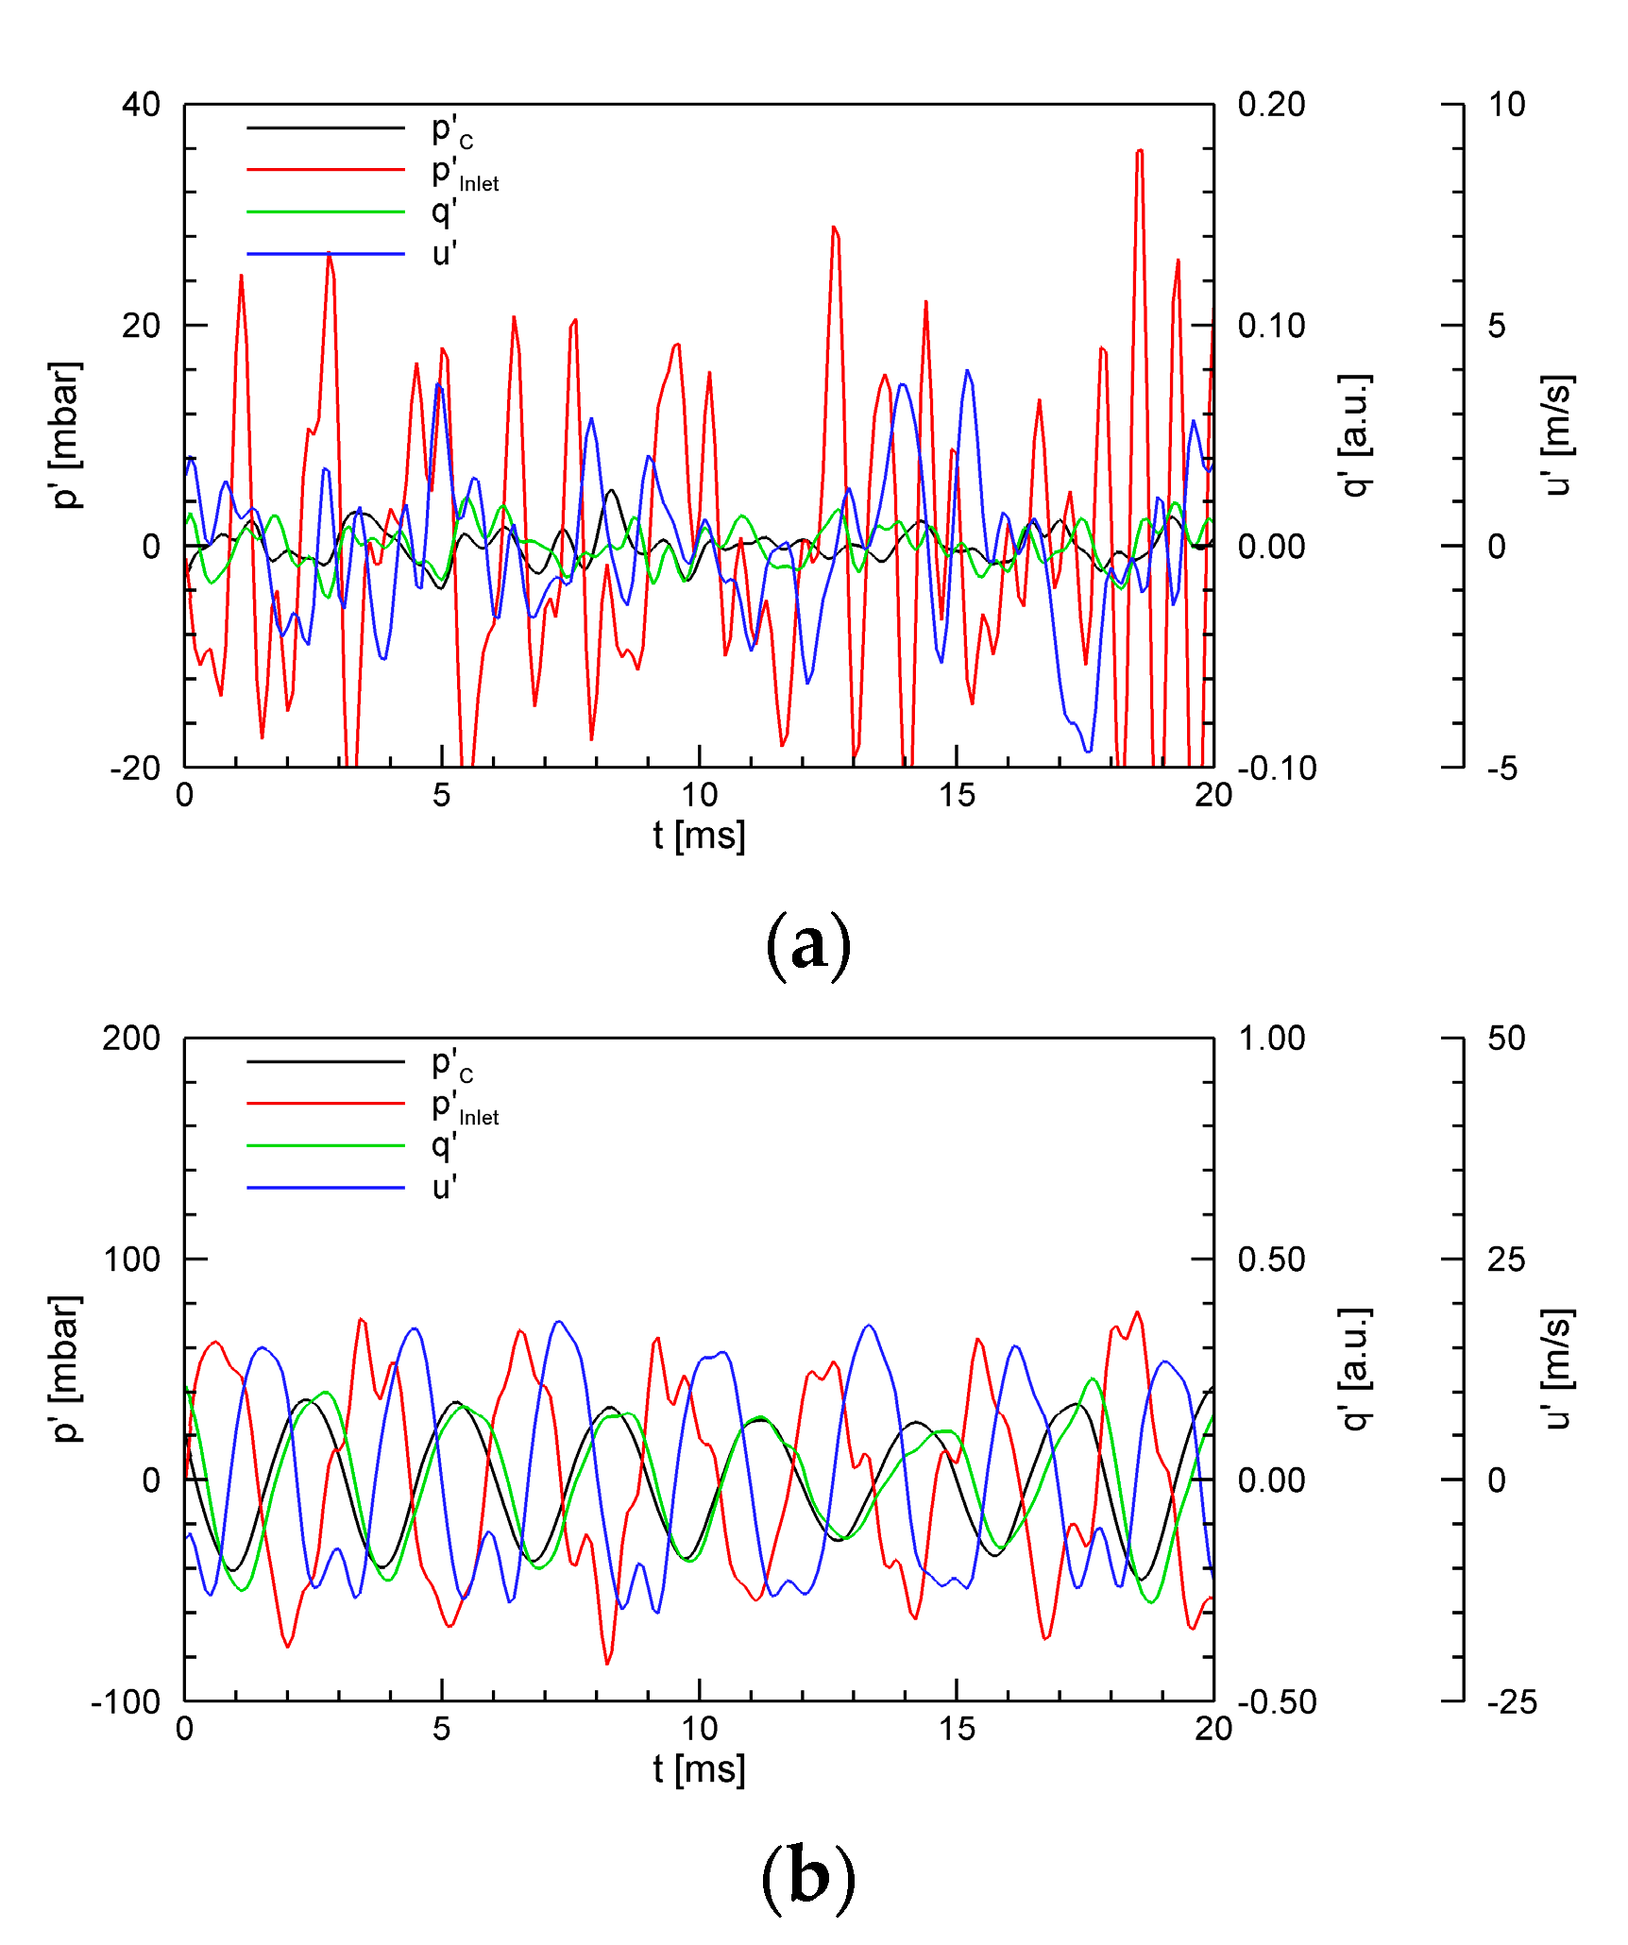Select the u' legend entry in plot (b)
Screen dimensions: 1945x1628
click(x=444, y=1187)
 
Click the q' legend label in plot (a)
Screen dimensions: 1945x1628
click(x=444, y=211)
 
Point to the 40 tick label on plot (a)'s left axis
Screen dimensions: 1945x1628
click(x=141, y=105)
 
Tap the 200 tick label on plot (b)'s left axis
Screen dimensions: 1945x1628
click(x=131, y=1039)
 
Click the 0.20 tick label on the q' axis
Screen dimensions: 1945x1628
click(x=1271, y=105)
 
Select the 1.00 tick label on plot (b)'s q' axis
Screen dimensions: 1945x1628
click(x=1271, y=1039)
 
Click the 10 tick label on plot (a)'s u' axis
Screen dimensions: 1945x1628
click(x=1506, y=105)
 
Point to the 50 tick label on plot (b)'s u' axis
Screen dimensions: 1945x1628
click(x=1506, y=1039)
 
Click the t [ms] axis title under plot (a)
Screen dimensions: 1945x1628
click(x=699, y=836)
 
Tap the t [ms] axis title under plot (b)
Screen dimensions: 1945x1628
click(x=699, y=1769)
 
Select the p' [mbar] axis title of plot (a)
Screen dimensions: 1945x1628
click(x=66, y=435)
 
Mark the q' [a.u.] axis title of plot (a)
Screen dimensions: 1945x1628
click(x=1356, y=435)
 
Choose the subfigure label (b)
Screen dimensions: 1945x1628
click(x=808, y=1877)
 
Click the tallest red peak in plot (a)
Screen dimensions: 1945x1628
click(x=1140, y=151)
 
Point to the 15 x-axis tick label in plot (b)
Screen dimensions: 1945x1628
click(x=957, y=1729)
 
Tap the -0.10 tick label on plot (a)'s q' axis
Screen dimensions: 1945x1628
click(x=1277, y=769)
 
